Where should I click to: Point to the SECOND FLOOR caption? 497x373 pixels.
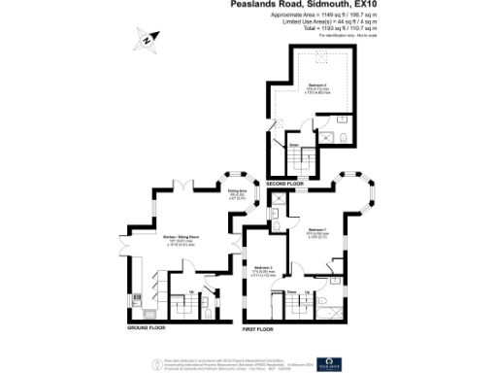[284, 185]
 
